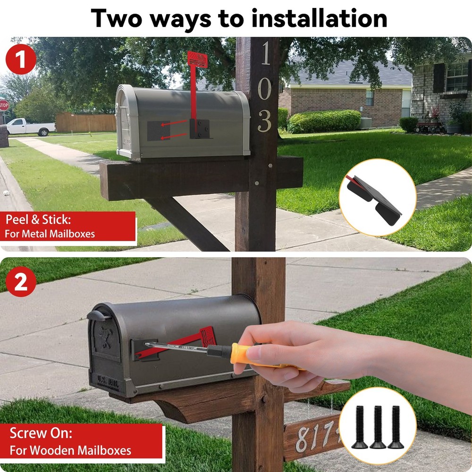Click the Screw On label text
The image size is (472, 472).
(41, 433)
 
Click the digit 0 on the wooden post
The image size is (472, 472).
(265, 88)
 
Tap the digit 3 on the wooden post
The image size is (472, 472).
(265, 122)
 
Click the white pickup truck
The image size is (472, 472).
(29, 126)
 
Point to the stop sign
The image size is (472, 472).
(4, 105)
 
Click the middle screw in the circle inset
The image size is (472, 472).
(378, 427)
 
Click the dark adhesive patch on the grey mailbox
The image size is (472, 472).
(158, 131)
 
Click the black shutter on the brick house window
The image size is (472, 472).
(438, 78)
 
